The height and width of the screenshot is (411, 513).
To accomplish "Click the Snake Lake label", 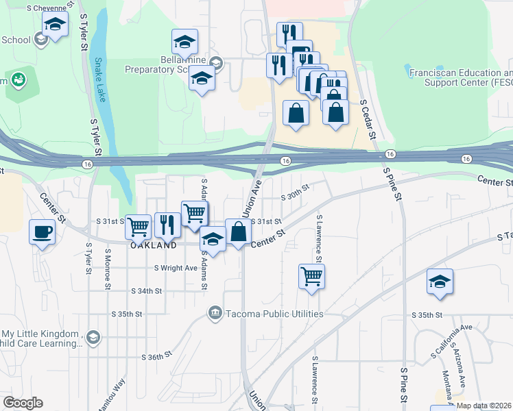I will click(100, 79).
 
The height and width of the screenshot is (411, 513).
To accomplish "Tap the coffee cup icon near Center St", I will click(43, 231).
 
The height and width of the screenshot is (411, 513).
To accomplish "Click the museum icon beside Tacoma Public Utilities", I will click(215, 314).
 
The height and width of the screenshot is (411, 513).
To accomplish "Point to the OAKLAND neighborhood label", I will click(154, 245).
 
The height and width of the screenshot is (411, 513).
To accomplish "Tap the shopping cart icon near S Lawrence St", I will click(311, 276).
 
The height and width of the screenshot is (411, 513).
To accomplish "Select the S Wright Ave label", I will click(176, 268).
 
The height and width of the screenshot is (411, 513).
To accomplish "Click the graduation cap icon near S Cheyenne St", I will click(55, 25).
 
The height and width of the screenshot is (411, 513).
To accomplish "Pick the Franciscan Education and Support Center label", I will click(460, 77).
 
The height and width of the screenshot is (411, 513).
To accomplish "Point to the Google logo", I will click(23, 403).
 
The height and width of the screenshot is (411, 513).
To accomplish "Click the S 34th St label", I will click(147, 290).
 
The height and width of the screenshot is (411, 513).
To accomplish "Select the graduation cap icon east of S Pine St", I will click(440, 282).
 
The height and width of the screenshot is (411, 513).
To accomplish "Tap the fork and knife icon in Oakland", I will click(167, 224).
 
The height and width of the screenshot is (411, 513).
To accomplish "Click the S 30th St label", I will click(296, 195).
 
